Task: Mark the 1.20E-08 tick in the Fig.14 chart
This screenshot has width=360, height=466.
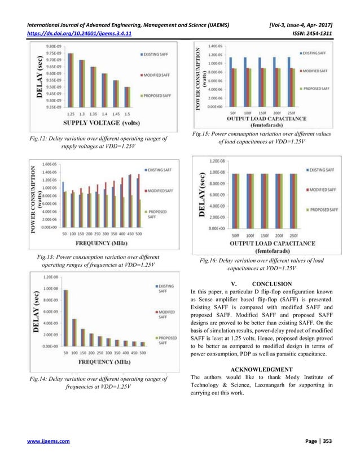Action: click(52, 277)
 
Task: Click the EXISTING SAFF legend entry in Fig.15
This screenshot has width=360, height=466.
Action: click(315, 52)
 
